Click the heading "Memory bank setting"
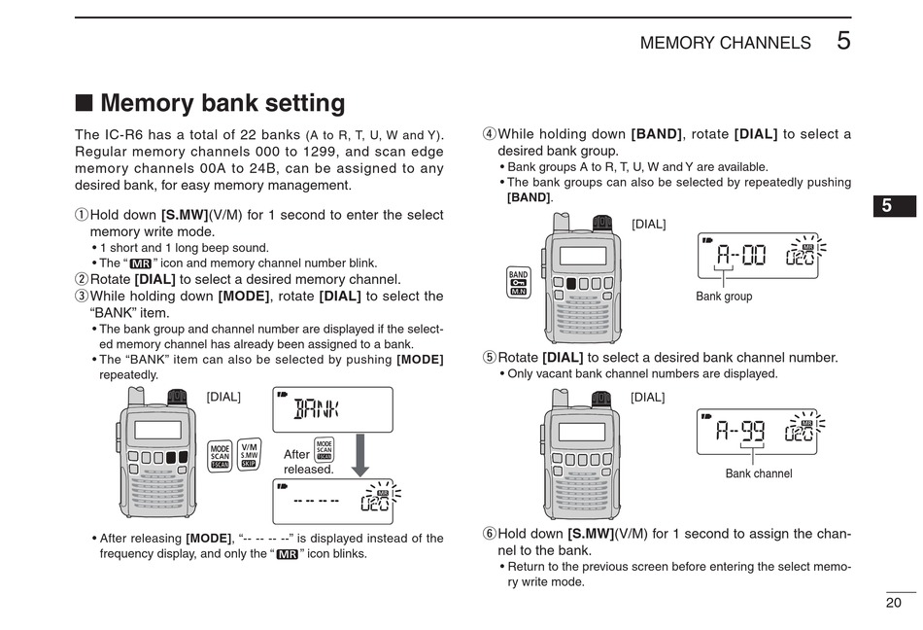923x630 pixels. pos(222,103)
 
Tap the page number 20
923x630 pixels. pos(894,603)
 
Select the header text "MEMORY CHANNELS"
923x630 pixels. pos(725,43)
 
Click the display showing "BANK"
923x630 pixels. pos(332,409)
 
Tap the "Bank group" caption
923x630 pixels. pos(724,297)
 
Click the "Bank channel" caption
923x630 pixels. pos(759,473)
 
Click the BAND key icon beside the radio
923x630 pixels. pos(518,282)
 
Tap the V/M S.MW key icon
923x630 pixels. pos(249,455)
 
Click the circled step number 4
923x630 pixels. pos(490,134)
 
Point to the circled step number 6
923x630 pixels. pos(490,534)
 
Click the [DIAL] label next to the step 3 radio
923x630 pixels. pos(223,397)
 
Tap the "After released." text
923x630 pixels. pos(308,462)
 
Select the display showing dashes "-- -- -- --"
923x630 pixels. pos(332,502)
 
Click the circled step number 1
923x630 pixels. pos(82,215)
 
